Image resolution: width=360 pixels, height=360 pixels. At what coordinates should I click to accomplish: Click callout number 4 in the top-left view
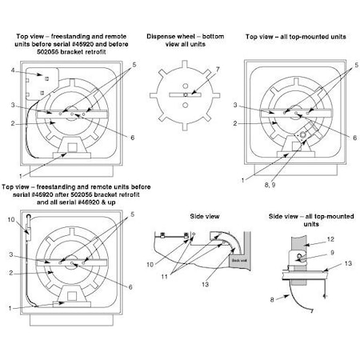pyautogui.click(x=14, y=72)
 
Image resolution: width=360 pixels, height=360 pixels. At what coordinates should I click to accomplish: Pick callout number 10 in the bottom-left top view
pyautogui.click(x=10, y=218)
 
